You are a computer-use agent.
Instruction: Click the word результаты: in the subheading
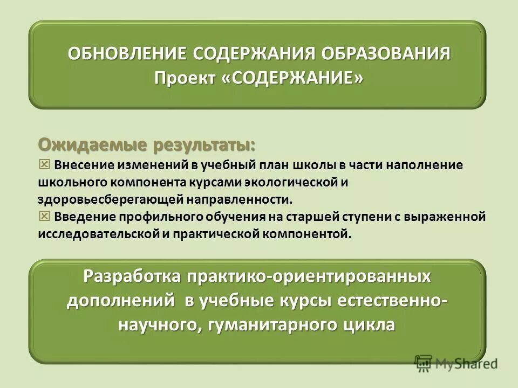[x=205, y=145]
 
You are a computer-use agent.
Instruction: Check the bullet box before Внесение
[x=44, y=164]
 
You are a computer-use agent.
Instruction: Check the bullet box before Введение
[x=44, y=216]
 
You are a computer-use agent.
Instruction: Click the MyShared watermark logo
[x=456, y=363]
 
